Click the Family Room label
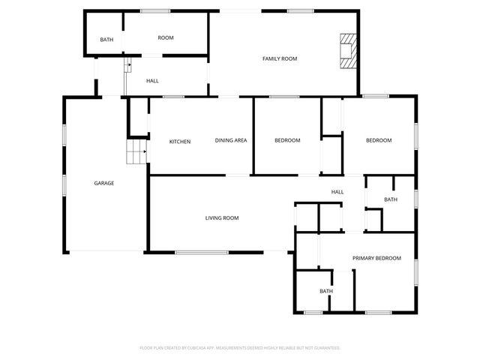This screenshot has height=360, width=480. click(x=274, y=58)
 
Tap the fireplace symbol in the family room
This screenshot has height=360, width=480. click(x=347, y=50)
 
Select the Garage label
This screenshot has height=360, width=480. click(x=103, y=183)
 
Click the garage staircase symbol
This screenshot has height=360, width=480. click(x=136, y=154)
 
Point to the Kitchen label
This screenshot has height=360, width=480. click(x=180, y=141)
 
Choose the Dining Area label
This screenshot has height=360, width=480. click(x=231, y=140)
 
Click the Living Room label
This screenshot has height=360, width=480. click(x=222, y=218)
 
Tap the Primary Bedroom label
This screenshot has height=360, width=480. click(x=376, y=258)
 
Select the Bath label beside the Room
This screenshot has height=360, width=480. click(x=106, y=39)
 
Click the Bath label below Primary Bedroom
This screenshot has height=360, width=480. click(x=326, y=291)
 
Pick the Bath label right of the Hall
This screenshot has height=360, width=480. click(x=391, y=199)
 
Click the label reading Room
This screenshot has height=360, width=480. click(x=166, y=37)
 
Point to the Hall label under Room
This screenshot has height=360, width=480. click(x=152, y=81)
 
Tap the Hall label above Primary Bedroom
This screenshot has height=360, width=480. click(x=337, y=192)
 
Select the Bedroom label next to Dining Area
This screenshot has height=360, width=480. click(x=287, y=140)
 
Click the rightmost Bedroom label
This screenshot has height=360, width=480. click(x=379, y=140)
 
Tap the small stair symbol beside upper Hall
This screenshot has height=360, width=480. click(x=127, y=66)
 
